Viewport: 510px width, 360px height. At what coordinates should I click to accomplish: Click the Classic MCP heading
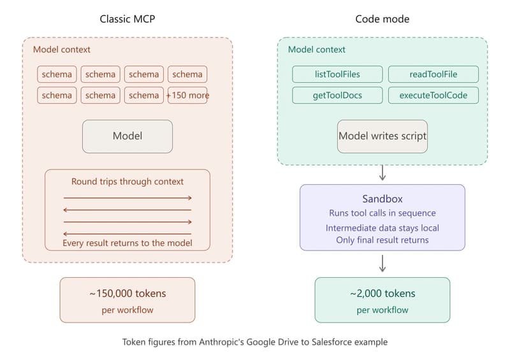point(127,19)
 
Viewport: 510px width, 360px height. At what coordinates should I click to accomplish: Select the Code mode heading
point(382,19)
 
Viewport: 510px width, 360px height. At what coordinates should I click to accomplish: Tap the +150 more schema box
point(187,95)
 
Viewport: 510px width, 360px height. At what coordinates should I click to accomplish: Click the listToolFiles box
point(337,74)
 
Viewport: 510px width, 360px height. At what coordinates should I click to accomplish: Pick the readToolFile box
point(433,74)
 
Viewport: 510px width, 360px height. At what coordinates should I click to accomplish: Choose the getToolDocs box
point(337,96)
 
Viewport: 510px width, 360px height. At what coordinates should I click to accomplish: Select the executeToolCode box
point(433,96)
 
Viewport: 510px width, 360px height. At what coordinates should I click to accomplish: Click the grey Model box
point(127,136)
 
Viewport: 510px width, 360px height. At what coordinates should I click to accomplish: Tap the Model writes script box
point(382,136)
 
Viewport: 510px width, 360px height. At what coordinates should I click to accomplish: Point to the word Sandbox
point(382,199)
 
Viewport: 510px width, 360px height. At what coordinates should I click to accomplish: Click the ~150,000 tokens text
point(127,294)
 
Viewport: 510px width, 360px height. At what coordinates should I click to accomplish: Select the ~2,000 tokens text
point(382,294)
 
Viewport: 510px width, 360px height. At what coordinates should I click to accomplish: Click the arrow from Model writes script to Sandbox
point(382,172)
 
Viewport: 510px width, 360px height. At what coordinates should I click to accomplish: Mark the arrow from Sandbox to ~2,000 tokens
point(382,263)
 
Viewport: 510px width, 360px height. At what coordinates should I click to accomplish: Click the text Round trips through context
point(127,182)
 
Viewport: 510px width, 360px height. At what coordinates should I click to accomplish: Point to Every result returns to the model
point(127,243)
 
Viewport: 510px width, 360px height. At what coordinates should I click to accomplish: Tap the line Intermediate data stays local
point(382,227)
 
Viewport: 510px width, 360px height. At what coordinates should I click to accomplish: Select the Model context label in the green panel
point(317,50)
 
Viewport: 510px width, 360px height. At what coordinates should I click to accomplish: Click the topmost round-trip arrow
point(127,198)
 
